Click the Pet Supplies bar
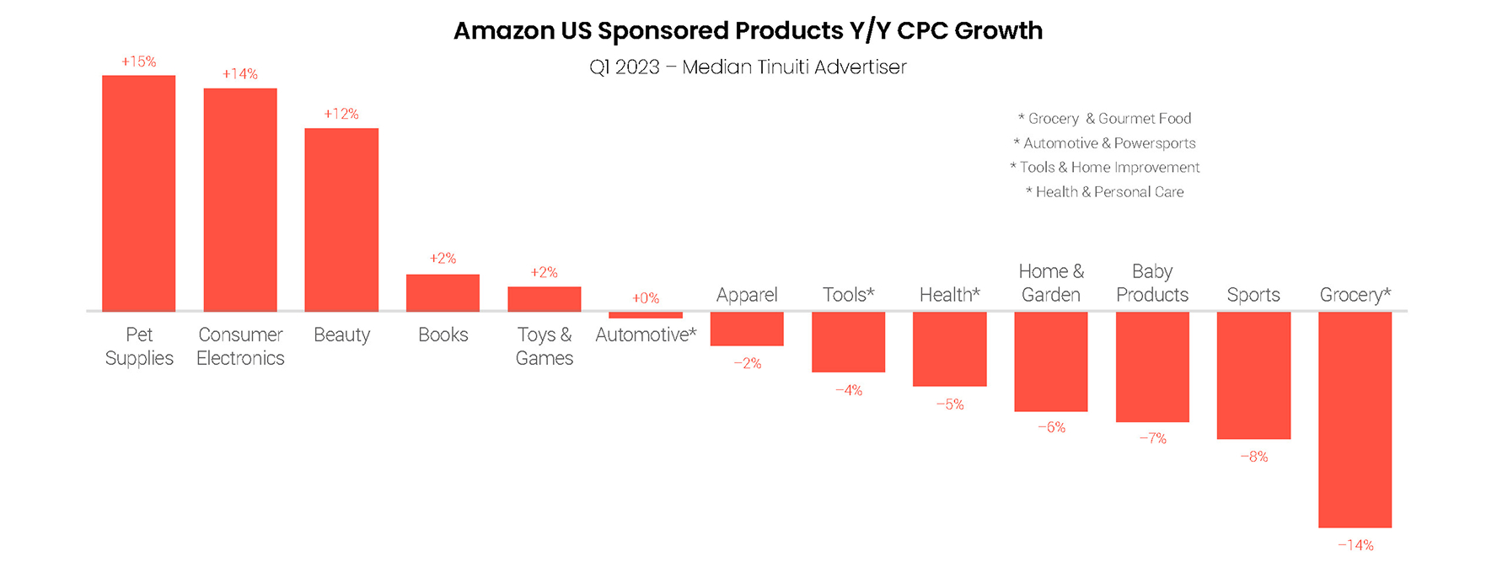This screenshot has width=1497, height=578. [x=139, y=194]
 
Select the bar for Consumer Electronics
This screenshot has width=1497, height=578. [x=240, y=200]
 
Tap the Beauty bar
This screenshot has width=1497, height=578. [x=341, y=220]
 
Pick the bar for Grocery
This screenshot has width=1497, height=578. [x=1355, y=420]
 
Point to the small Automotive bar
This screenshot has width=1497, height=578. [x=646, y=315]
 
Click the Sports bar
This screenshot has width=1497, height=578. [x=1253, y=375]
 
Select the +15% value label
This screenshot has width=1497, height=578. [x=139, y=62]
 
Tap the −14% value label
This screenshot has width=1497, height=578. [x=1355, y=545]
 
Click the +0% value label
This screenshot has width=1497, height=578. [x=646, y=298]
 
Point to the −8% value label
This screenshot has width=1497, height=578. [x=1253, y=457]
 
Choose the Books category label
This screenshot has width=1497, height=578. [x=443, y=334]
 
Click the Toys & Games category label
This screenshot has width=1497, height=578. [x=545, y=346]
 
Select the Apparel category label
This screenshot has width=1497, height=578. [x=747, y=295]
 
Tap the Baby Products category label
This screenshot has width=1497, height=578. [x=1152, y=283]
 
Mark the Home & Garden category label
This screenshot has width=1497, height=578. [x=1051, y=283]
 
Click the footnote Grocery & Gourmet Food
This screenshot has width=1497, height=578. [x=1105, y=119]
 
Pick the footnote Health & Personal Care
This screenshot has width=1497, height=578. [x=1105, y=192]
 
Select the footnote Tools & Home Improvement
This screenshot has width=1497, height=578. [x=1105, y=168]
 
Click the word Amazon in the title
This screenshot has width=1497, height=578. [x=503, y=31]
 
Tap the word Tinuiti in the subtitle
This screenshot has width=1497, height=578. [x=791, y=67]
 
